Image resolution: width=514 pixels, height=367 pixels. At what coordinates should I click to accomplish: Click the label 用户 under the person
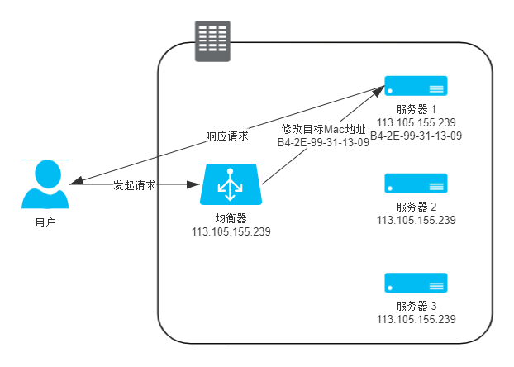tap(45, 222)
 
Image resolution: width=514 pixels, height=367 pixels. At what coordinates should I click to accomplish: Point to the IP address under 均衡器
tap(231, 231)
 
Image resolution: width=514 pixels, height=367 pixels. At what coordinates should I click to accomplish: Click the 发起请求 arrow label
tap(135, 185)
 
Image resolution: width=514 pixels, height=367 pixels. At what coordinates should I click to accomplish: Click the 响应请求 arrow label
tap(227, 135)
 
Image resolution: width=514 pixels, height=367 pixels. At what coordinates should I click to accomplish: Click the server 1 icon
tap(416, 85)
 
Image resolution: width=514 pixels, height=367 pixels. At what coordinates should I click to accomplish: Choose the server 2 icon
tap(416, 183)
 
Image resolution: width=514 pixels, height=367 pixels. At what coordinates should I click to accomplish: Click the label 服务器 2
tap(416, 207)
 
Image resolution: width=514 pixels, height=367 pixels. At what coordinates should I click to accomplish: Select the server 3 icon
tap(416, 283)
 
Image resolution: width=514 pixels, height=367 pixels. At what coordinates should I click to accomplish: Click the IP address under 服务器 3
tap(416, 319)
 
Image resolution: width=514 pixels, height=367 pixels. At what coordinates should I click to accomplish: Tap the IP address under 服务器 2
tap(416, 220)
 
